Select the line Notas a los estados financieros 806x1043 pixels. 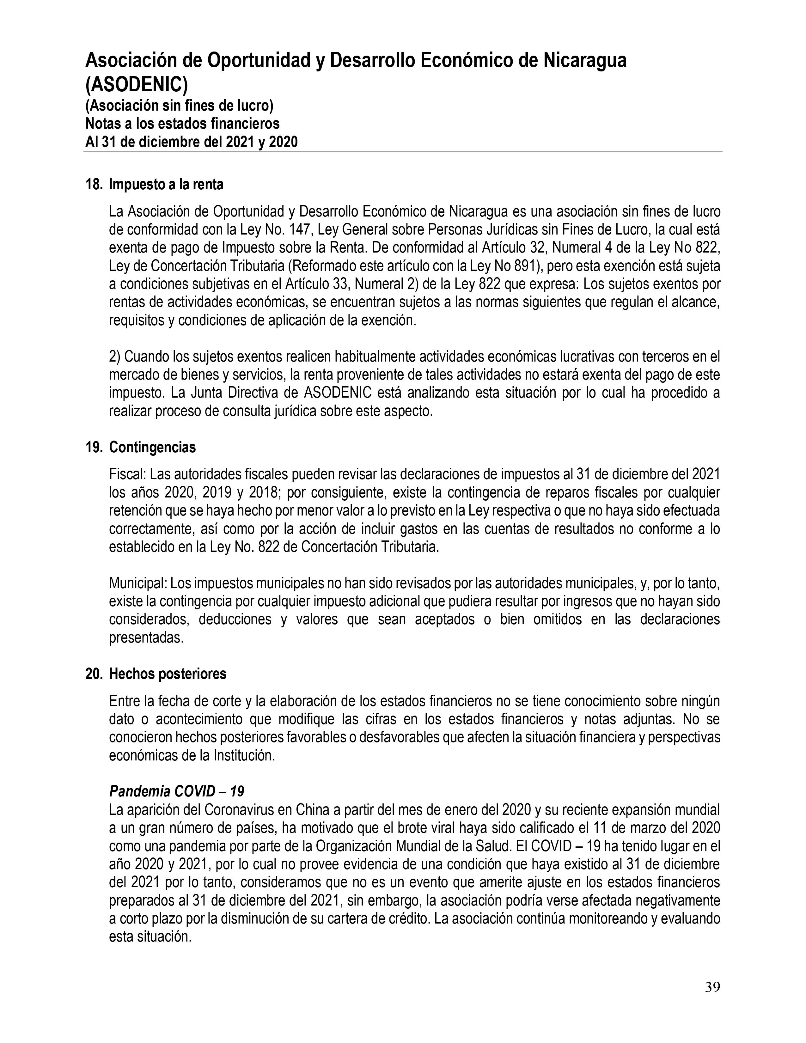click(182, 124)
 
